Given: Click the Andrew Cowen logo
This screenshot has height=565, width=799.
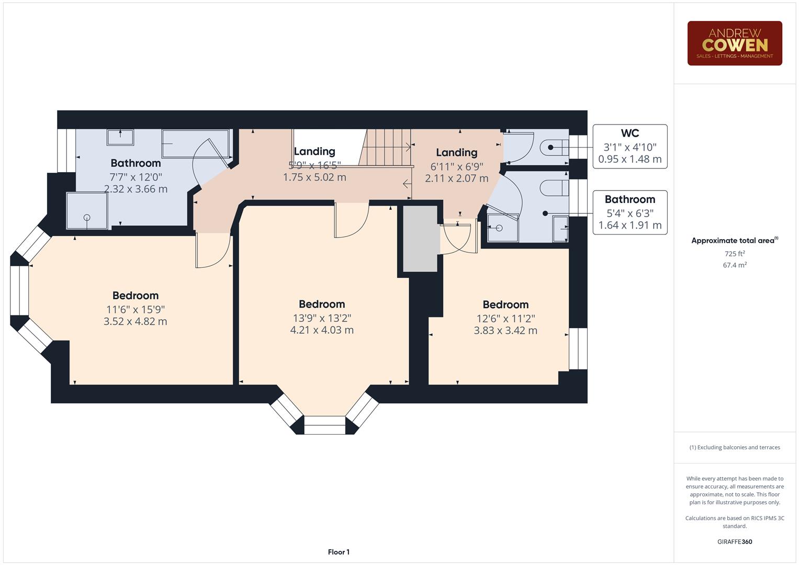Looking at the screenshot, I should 734,43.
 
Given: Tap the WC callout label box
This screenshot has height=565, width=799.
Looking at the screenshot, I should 629,146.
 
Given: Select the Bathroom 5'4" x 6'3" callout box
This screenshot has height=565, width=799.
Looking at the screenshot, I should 629,212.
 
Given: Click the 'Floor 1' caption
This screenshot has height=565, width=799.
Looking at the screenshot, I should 339,552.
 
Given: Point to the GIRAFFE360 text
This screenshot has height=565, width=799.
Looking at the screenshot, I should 734,541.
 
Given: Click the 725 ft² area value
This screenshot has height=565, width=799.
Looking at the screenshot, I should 734,254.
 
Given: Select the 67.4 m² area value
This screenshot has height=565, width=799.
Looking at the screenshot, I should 734,265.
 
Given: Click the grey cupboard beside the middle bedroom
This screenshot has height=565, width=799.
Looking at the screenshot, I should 420,239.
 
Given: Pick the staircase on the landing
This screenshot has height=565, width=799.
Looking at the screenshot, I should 386,147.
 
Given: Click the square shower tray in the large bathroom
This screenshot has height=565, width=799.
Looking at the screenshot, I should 87,211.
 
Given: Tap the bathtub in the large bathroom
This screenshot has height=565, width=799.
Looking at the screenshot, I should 195,144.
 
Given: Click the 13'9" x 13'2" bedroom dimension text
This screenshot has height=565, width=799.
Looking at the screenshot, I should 322,318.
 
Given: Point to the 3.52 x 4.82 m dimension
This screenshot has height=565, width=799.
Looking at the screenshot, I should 135,321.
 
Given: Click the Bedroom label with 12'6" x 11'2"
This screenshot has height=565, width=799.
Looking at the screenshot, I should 505,304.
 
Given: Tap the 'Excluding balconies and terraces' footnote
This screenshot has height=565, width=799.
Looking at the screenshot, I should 734,447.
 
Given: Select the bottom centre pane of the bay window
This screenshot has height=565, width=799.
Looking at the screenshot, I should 324,425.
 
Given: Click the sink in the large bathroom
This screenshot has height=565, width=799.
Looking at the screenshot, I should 120,138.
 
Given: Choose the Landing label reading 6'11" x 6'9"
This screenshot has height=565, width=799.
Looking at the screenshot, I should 456,153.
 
